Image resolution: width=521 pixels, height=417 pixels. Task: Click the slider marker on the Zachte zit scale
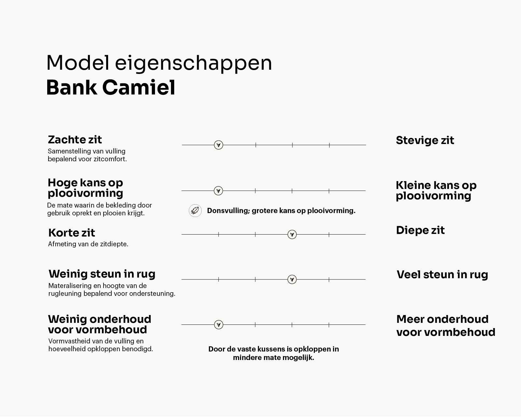(218, 145)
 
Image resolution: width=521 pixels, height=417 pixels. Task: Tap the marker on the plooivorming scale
(218, 191)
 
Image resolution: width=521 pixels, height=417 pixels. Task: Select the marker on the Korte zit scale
(292, 234)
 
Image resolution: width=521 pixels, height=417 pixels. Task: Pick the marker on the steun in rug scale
(292, 279)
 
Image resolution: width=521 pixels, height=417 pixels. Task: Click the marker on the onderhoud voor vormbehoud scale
(219, 324)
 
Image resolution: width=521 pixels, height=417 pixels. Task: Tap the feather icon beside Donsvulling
(195, 210)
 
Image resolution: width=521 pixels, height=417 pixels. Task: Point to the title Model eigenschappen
(159, 63)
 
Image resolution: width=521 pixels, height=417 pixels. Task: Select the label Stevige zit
(425, 140)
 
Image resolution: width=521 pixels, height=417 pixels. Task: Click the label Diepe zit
(420, 230)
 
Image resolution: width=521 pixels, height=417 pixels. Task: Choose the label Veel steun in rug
(442, 274)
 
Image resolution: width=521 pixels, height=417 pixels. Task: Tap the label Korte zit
(72, 233)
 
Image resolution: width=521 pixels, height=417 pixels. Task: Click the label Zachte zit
(75, 139)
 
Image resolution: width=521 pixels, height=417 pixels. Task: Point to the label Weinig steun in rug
(102, 274)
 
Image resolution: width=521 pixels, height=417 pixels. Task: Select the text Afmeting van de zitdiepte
(88, 244)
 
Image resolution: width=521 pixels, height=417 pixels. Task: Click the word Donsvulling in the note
(228, 210)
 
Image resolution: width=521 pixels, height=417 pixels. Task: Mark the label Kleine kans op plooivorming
(436, 190)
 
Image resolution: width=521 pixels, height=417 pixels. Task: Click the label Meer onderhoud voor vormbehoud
(445, 325)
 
